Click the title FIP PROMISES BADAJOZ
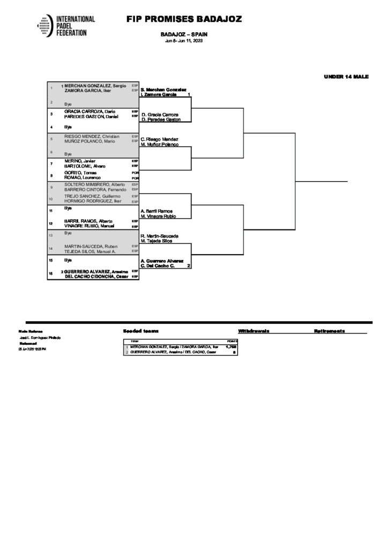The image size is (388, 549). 184,19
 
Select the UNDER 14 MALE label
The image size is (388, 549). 346,77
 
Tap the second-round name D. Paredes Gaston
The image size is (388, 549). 160,120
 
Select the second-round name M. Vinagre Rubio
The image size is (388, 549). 159,216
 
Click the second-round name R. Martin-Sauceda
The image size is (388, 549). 159,236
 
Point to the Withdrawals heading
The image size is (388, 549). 253,331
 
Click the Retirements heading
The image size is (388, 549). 329,331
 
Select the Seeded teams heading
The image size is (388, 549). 140,331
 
